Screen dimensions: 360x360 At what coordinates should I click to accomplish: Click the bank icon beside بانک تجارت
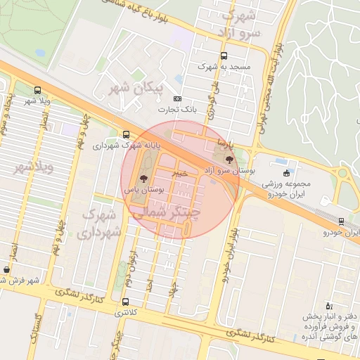click(x=177, y=98)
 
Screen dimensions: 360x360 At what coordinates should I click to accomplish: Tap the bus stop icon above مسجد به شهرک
click(x=224, y=56)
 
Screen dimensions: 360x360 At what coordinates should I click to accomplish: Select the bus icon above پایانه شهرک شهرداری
click(x=126, y=134)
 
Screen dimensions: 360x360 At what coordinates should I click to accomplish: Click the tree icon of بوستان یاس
click(x=144, y=179)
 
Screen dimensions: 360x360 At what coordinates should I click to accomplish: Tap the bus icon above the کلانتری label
click(x=125, y=294)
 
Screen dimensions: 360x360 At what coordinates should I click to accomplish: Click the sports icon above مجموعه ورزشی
click(x=285, y=173)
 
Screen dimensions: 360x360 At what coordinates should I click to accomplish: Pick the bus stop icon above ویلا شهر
click(x=37, y=90)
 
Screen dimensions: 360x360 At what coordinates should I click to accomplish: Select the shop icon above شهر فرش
click(x=6, y=269)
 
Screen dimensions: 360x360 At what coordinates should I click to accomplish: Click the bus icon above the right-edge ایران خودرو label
click(x=341, y=221)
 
